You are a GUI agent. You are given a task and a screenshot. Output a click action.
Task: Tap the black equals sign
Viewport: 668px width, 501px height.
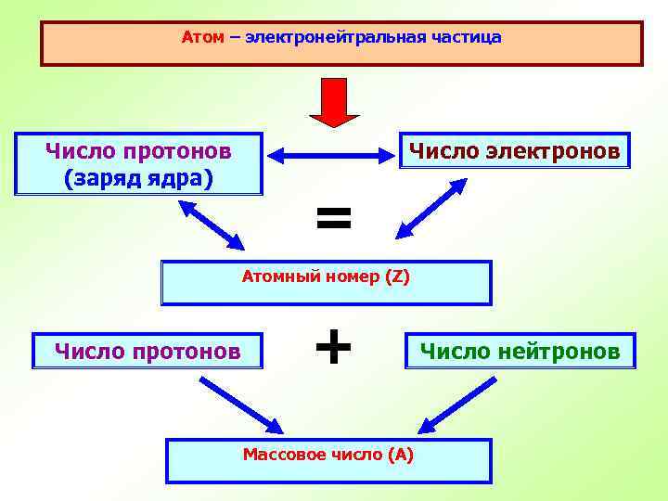pos(334,219)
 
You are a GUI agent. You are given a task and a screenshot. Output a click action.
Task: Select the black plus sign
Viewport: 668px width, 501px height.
pos(333,349)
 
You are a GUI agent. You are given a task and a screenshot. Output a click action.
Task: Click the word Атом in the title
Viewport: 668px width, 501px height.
pos(199,38)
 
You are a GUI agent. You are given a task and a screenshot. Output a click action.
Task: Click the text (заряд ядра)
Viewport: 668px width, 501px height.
pos(139,177)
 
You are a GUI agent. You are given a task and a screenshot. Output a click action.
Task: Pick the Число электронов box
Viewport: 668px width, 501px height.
pos(514,150)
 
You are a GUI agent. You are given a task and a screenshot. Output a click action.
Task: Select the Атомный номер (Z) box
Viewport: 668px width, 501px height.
pos(326,283)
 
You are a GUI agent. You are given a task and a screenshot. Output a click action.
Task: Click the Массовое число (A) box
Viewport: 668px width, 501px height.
pos(328,461)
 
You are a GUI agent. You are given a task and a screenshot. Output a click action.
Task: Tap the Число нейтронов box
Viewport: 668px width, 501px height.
pos(520,351)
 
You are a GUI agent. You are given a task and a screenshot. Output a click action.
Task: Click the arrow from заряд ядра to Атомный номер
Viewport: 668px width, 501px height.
pos(212,225)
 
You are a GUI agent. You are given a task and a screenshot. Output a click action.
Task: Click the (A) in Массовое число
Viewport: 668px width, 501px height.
pos(401,454)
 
